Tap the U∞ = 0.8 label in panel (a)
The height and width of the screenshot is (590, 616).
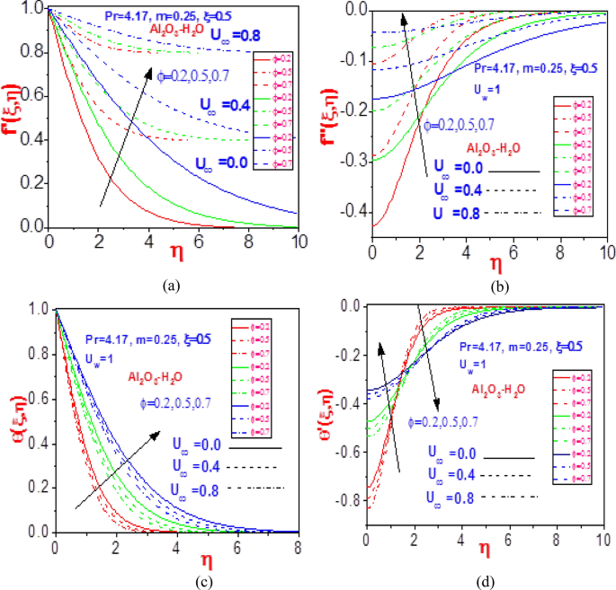point(237,35)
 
